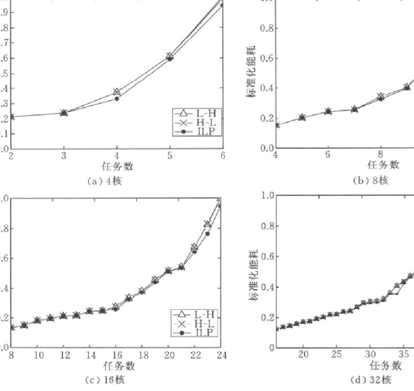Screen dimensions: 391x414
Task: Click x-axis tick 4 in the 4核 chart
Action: tap(117, 157)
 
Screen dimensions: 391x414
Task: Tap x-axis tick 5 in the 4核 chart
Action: tap(170, 157)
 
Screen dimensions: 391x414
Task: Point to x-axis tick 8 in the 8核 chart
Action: tap(381, 155)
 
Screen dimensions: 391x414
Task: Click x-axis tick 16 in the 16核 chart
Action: tap(116, 355)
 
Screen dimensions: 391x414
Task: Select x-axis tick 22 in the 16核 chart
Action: tap(195, 355)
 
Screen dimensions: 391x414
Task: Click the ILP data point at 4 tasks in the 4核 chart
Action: tap(117, 98)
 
